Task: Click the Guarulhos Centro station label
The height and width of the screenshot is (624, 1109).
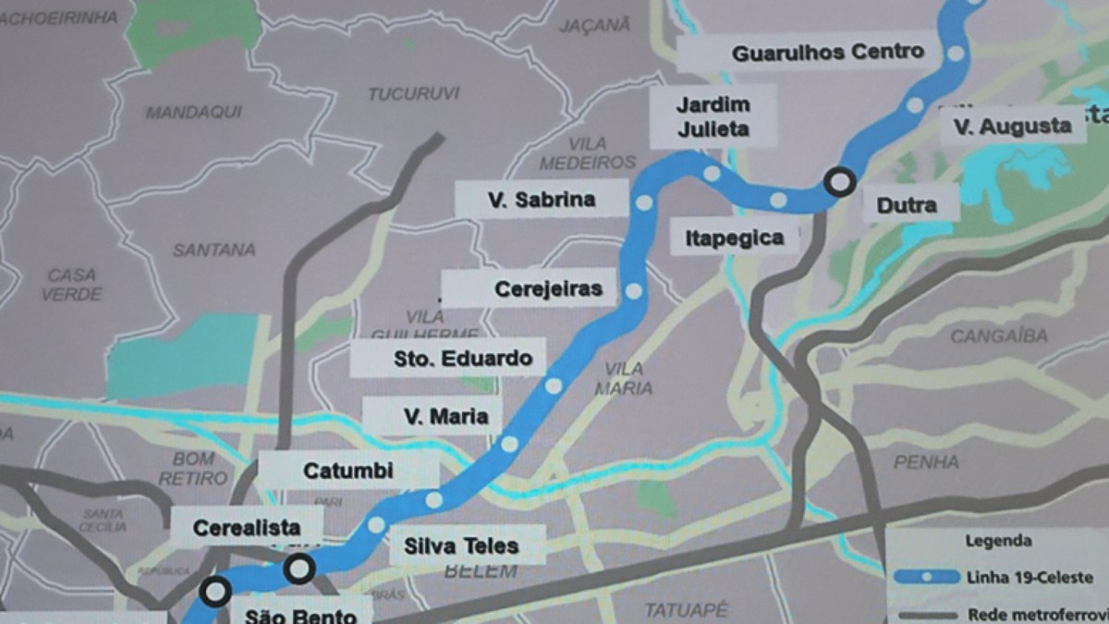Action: (x=827, y=53)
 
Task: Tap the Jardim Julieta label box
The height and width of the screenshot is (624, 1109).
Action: (x=713, y=116)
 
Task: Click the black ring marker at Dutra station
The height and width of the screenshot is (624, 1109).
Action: (x=839, y=182)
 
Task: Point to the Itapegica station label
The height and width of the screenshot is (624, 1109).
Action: (x=734, y=239)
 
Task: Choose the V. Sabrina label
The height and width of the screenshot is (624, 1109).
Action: (x=542, y=199)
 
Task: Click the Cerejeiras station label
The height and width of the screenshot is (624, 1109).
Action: (x=548, y=288)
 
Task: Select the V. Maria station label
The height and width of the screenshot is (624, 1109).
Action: (x=445, y=416)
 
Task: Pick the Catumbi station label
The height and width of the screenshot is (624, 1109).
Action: (x=348, y=471)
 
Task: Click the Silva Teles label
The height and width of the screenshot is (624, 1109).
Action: (x=461, y=545)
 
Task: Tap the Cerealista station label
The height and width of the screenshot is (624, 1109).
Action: (x=247, y=528)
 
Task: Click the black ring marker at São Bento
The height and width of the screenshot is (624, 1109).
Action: (x=215, y=591)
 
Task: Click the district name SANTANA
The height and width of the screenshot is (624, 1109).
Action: (x=213, y=250)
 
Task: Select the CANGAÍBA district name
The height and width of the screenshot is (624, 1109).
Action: (x=999, y=336)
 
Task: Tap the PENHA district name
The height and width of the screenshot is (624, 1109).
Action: (x=926, y=461)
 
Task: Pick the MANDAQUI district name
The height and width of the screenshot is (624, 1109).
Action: (x=194, y=112)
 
